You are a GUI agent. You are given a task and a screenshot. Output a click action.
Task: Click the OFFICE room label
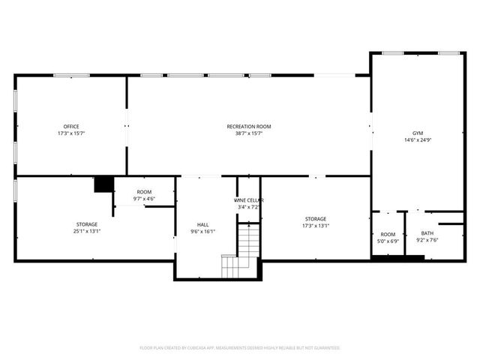click(x=71, y=126)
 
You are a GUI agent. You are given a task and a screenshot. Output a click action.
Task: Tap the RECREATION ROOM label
click(x=249, y=126)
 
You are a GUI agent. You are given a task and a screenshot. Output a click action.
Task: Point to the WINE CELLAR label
click(x=248, y=200)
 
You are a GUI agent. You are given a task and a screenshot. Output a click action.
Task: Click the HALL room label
click(x=203, y=224)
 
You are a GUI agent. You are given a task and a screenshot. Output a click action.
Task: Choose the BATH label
click(x=427, y=233)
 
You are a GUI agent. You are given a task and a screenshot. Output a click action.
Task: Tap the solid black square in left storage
click(x=102, y=184)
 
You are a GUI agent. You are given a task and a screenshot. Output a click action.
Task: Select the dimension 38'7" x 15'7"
click(x=249, y=133)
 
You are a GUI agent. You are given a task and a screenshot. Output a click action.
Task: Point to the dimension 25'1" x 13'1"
click(x=87, y=231)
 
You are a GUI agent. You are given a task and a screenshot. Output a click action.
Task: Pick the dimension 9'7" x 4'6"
click(x=143, y=199)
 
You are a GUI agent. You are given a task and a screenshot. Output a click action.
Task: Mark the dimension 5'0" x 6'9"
click(x=387, y=241)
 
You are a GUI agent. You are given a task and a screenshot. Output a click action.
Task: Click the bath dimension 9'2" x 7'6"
click(x=427, y=241)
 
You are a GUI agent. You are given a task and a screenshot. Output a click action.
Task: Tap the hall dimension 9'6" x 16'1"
click(x=203, y=231)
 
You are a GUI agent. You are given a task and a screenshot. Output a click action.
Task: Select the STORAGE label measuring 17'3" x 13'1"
click(x=315, y=218)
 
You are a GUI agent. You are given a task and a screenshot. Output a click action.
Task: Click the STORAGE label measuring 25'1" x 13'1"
click(x=87, y=223)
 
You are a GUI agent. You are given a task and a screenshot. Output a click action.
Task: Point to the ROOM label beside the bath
click(x=387, y=234)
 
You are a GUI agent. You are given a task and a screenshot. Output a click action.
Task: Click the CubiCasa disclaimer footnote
click(x=240, y=347)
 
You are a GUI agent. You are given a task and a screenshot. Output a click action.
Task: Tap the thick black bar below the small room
click(x=397, y=259)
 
